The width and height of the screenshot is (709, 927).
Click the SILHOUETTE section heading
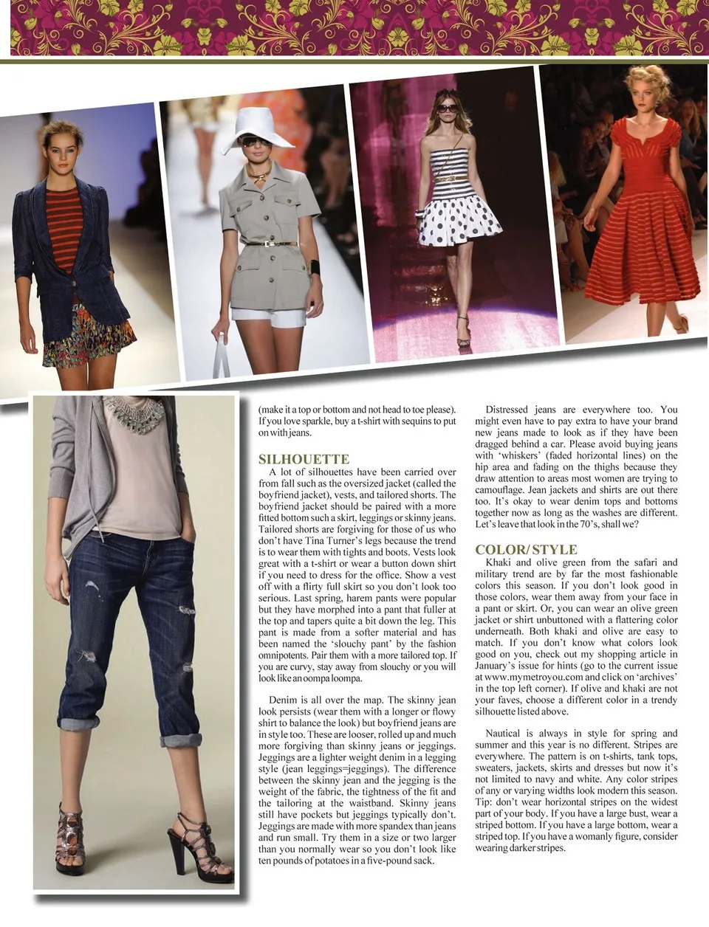click(304, 459)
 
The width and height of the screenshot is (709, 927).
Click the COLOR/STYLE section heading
click(526, 550)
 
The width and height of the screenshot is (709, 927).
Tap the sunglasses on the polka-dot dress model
click(448, 108)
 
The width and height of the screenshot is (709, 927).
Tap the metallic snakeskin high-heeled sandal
click(70, 842)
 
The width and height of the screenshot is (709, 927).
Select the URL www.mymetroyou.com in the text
click(531, 677)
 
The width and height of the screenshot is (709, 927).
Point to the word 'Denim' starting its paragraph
click(283, 700)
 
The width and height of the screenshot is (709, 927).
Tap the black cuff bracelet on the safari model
click(315, 267)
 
